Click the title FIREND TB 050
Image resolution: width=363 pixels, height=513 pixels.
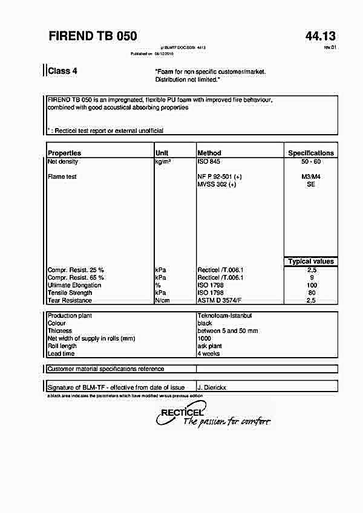pos(93,36)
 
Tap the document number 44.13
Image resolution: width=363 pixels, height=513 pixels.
pos(320,36)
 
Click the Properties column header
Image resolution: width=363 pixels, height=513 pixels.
pos(64,153)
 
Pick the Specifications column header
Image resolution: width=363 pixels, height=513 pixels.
pos(310,153)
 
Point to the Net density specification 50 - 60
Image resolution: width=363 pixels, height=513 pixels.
pos(310,162)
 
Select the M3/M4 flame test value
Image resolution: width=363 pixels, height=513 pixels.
pos(310,177)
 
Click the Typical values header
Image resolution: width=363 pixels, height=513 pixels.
pos(311,262)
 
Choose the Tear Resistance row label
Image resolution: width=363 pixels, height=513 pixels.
pos(70,300)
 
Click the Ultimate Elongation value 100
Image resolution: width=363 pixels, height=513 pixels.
pos(311,285)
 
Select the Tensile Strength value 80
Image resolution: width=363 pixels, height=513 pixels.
pos(311,292)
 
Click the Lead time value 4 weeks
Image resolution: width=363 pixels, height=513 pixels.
pos(209,353)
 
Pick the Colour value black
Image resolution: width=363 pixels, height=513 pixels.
pos(204,323)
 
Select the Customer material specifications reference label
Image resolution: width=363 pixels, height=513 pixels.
pos(105,369)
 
